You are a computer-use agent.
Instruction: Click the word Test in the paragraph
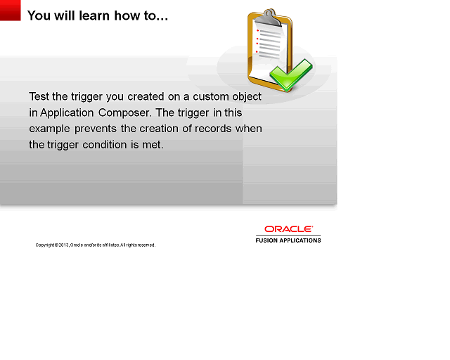[x=40, y=96]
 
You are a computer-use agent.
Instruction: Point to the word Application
[x=68, y=112]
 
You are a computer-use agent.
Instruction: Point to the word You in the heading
[x=39, y=15]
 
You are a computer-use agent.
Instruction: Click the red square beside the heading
[x=10, y=10]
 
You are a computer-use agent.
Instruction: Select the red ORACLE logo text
[x=288, y=229]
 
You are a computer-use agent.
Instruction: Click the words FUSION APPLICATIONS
[x=288, y=240]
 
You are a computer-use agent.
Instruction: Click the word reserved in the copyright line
[x=146, y=245]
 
